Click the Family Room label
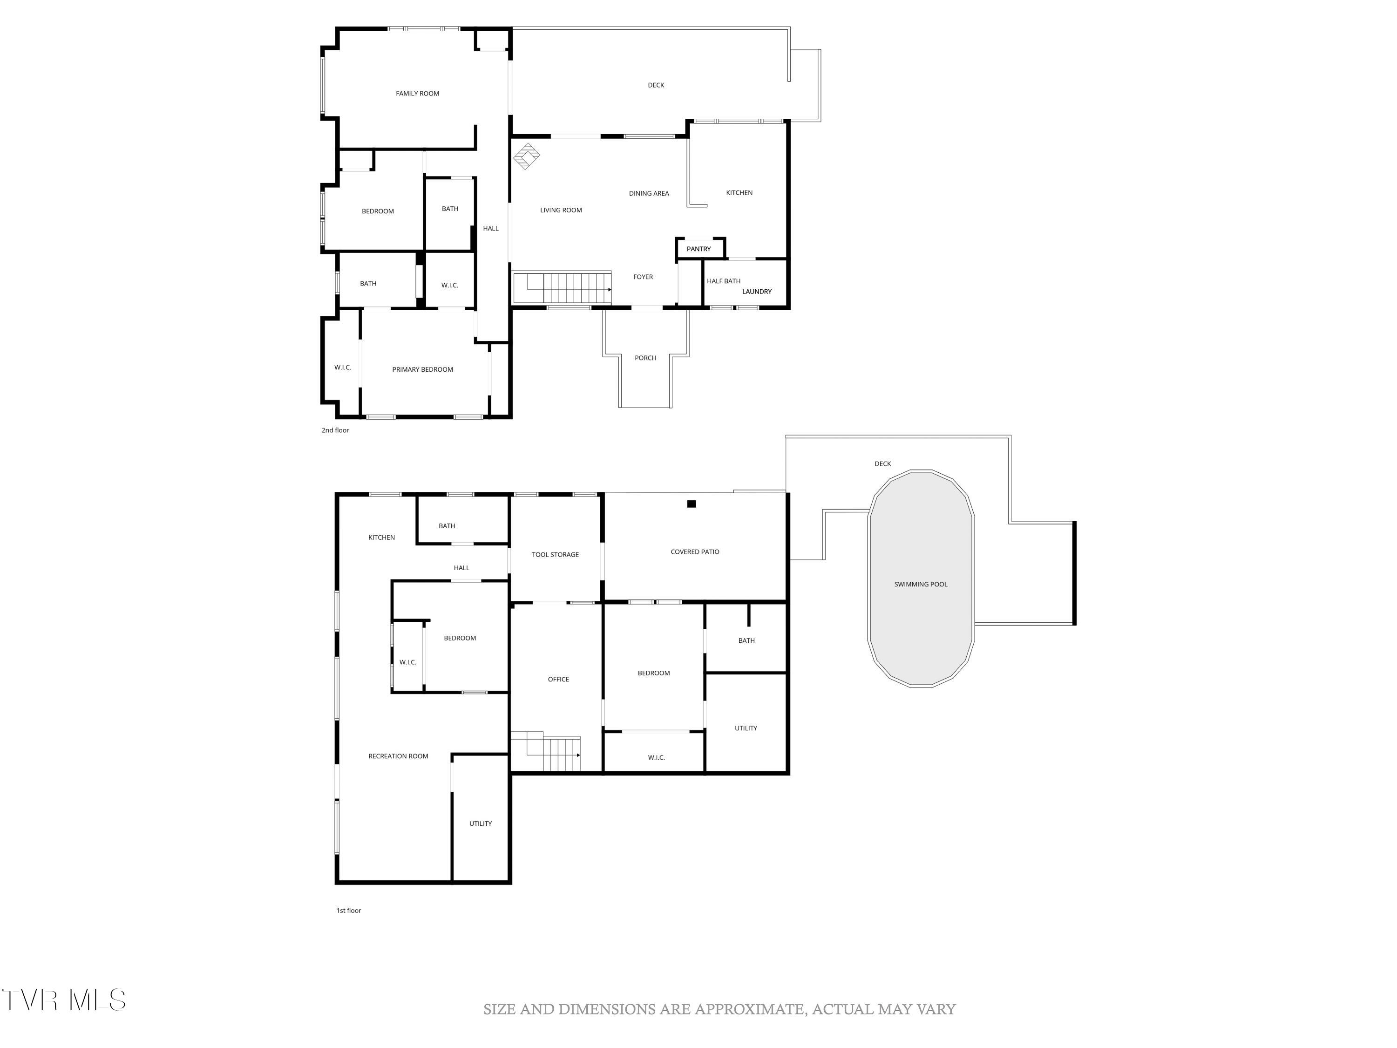tap(417, 94)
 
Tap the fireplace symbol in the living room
tap(526, 156)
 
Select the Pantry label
tap(698, 249)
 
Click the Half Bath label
tap(723, 281)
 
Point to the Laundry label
tap(757, 292)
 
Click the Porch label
tap(645, 358)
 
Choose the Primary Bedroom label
tap(422, 369)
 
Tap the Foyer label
tap(643, 277)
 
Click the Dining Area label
tap(649, 193)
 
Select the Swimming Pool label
tap(920, 585)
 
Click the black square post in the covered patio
tap(691, 504)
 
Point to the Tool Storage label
tap(555, 555)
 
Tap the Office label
tap(558, 680)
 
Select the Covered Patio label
tap(694, 552)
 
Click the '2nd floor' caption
tap(335, 430)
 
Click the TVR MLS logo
tap(63, 1000)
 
